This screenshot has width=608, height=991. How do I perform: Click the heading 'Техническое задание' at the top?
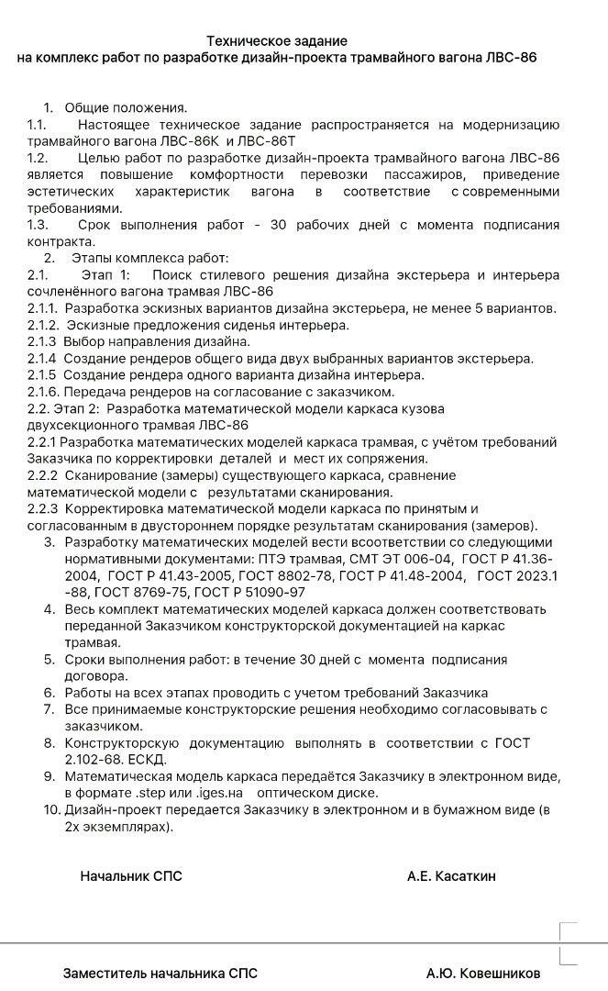(x=277, y=41)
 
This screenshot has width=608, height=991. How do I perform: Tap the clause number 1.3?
(x=38, y=225)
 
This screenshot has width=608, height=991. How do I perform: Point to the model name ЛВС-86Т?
(x=267, y=141)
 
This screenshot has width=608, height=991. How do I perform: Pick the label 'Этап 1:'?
(x=106, y=275)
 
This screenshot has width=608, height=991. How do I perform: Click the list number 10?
(x=51, y=809)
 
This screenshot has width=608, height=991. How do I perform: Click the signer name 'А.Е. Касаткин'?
(x=451, y=876)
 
